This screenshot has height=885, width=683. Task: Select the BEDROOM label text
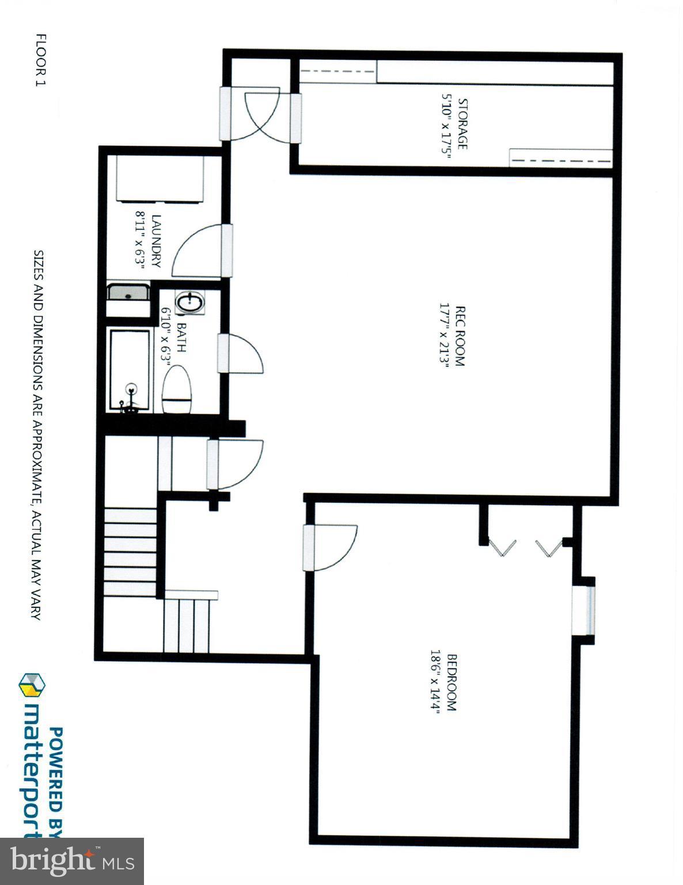[451, 682]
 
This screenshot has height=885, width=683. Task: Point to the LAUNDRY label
[155, 241]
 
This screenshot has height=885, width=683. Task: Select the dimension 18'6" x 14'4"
[435, 682]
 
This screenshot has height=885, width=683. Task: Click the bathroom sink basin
[189, 302]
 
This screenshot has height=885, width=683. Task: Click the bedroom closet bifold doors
[524, 547]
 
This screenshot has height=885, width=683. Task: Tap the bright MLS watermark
[72, 861]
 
